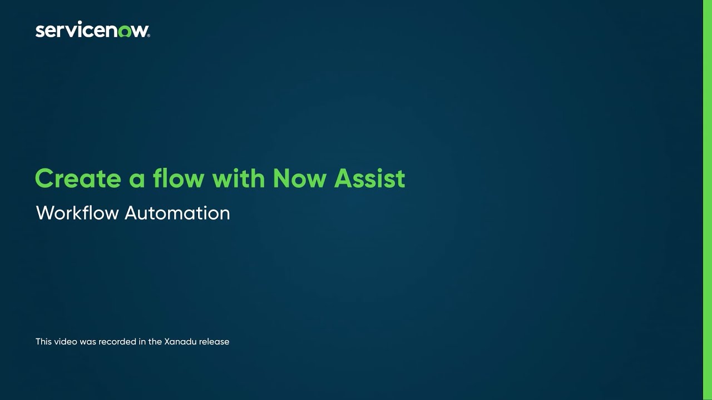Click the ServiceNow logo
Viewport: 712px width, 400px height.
pos(92,30)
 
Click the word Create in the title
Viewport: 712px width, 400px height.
pos(77,178)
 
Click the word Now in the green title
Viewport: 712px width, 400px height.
pos(299,178)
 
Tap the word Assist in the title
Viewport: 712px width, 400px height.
pos(369,178)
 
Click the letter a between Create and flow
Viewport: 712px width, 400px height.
pos(137,180)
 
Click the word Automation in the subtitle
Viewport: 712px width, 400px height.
pos(177,213)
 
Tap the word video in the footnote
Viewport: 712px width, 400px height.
pos(66,342)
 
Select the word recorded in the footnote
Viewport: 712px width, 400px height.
pos(115,342)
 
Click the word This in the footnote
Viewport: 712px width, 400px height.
pos(43,342)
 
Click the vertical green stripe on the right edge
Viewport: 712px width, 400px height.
pos(707,200)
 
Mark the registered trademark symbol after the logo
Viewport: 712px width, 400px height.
pos(148,36)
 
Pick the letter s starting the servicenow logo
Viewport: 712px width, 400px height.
pos(39,32)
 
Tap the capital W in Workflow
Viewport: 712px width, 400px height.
pos(45,213)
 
